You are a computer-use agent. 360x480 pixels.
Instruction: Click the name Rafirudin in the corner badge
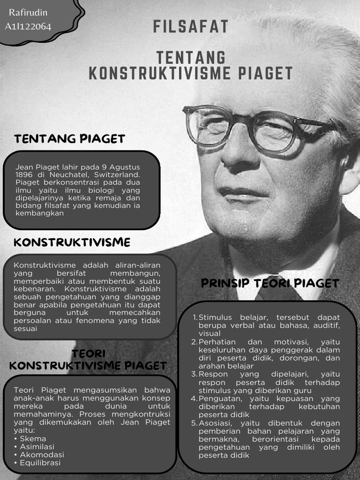pos(28,13)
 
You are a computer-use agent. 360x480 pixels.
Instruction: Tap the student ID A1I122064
pos(28,26)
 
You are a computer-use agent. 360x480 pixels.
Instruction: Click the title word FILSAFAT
pos(191,27)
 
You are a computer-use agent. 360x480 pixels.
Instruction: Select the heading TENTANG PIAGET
pos(69,139)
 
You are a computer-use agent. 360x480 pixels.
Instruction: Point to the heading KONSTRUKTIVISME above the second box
pos(72,242)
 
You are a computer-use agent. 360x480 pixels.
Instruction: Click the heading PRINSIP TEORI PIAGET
pos(270,283)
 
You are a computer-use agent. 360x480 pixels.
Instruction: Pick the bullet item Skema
pos(33,438)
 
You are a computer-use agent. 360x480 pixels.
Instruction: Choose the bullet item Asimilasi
pos(37,446)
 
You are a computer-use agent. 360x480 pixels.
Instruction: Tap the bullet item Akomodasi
pos(42,455)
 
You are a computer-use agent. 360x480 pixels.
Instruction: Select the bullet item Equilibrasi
pos(40,463)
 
